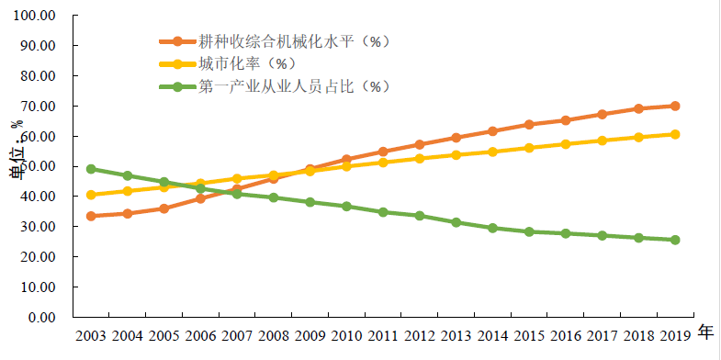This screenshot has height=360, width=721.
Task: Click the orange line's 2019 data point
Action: [675, 106]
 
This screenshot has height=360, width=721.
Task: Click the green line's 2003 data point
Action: [91, 169]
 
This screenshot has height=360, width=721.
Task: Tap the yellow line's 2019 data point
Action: [675, 134]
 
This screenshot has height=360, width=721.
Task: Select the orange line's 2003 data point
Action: [91, 216]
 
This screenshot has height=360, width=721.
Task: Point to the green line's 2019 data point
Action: [675, 240]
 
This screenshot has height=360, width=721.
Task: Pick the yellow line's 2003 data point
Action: [91, 195]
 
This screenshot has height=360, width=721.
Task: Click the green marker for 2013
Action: [456, 222]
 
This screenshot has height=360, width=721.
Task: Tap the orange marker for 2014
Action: [492, 131]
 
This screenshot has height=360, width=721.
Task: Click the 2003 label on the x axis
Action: [91, 336]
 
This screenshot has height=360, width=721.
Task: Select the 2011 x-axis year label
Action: [383, 336]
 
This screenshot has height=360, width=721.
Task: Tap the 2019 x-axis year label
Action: [675, 336]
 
